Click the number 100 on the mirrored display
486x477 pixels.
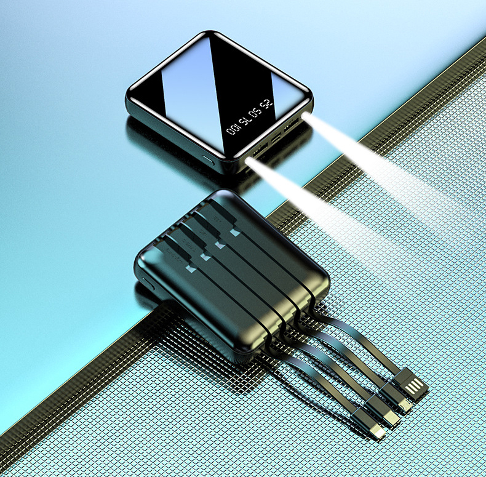[233, 129]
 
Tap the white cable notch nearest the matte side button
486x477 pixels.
[189, 269]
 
